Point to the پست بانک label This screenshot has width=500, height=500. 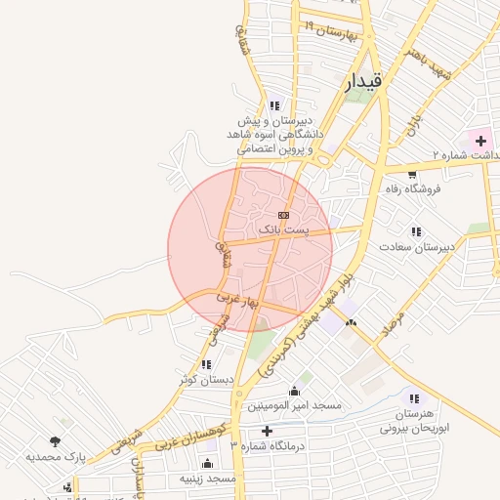click(x=282, y=229)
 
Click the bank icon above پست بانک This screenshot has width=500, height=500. click(x=283, y=214)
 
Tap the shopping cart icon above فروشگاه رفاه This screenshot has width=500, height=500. click(x=412, y=175)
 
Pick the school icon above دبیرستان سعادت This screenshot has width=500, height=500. click(x=417, y=231)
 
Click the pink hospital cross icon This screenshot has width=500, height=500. click(x=480, y=142)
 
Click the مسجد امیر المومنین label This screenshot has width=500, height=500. click(x=293, y=405)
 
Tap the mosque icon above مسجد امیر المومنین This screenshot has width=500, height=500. click(x=294, y=391)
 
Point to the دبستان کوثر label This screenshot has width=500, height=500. click(x=207, y=379)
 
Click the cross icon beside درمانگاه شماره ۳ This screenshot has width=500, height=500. click(x=267, y=431)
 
